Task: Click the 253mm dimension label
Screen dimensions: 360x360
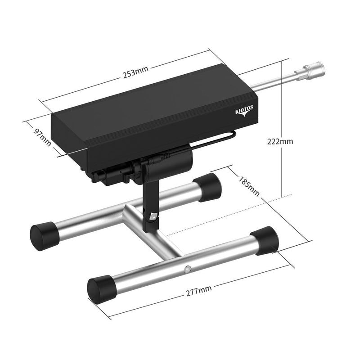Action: [136, 72]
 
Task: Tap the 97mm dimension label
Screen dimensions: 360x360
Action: [42, 138]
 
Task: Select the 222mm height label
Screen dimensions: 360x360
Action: [280, 141]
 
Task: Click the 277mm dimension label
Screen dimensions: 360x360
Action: [199, 291]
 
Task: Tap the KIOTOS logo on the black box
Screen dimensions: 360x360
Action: [244, 111]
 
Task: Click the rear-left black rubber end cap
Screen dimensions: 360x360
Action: [45, 236]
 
